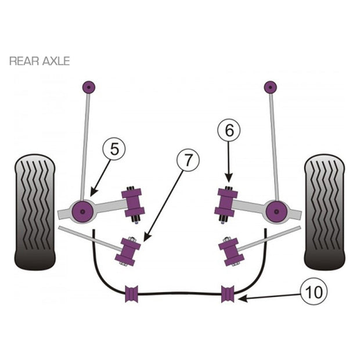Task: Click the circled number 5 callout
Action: point(114,149)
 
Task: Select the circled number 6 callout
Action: point(229,130)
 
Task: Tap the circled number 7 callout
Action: point(188,160)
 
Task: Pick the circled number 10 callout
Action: point(314,291)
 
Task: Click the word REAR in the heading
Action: point(24,61)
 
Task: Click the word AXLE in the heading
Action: point(56,61)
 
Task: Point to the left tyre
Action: point(35,212)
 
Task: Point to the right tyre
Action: point(325,212)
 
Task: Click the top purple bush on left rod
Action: point(89,87)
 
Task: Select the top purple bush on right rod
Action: point(271,87)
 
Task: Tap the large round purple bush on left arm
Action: point(82,211)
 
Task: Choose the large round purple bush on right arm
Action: point(276,211)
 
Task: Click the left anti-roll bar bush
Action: point(132,294)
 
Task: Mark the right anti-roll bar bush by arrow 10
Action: point(228,294)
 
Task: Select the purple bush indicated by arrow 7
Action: point(128,252)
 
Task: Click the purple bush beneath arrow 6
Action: point(226,203)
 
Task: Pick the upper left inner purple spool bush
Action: point(134,203)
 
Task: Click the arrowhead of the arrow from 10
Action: point(242,298)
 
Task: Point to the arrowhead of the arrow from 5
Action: point(93,193)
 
